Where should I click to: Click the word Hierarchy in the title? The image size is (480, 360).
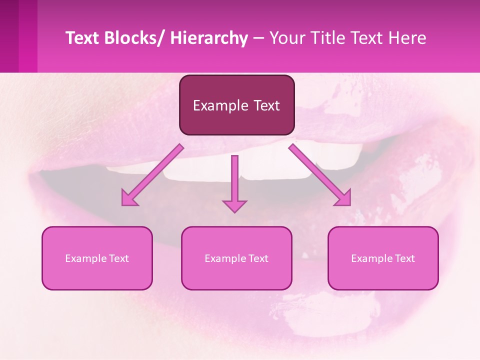209,38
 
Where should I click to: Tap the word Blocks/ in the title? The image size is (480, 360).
135,38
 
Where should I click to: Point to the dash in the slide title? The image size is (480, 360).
258,38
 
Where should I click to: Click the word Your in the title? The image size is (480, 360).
286,38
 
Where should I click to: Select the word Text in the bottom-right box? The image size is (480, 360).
404,258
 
